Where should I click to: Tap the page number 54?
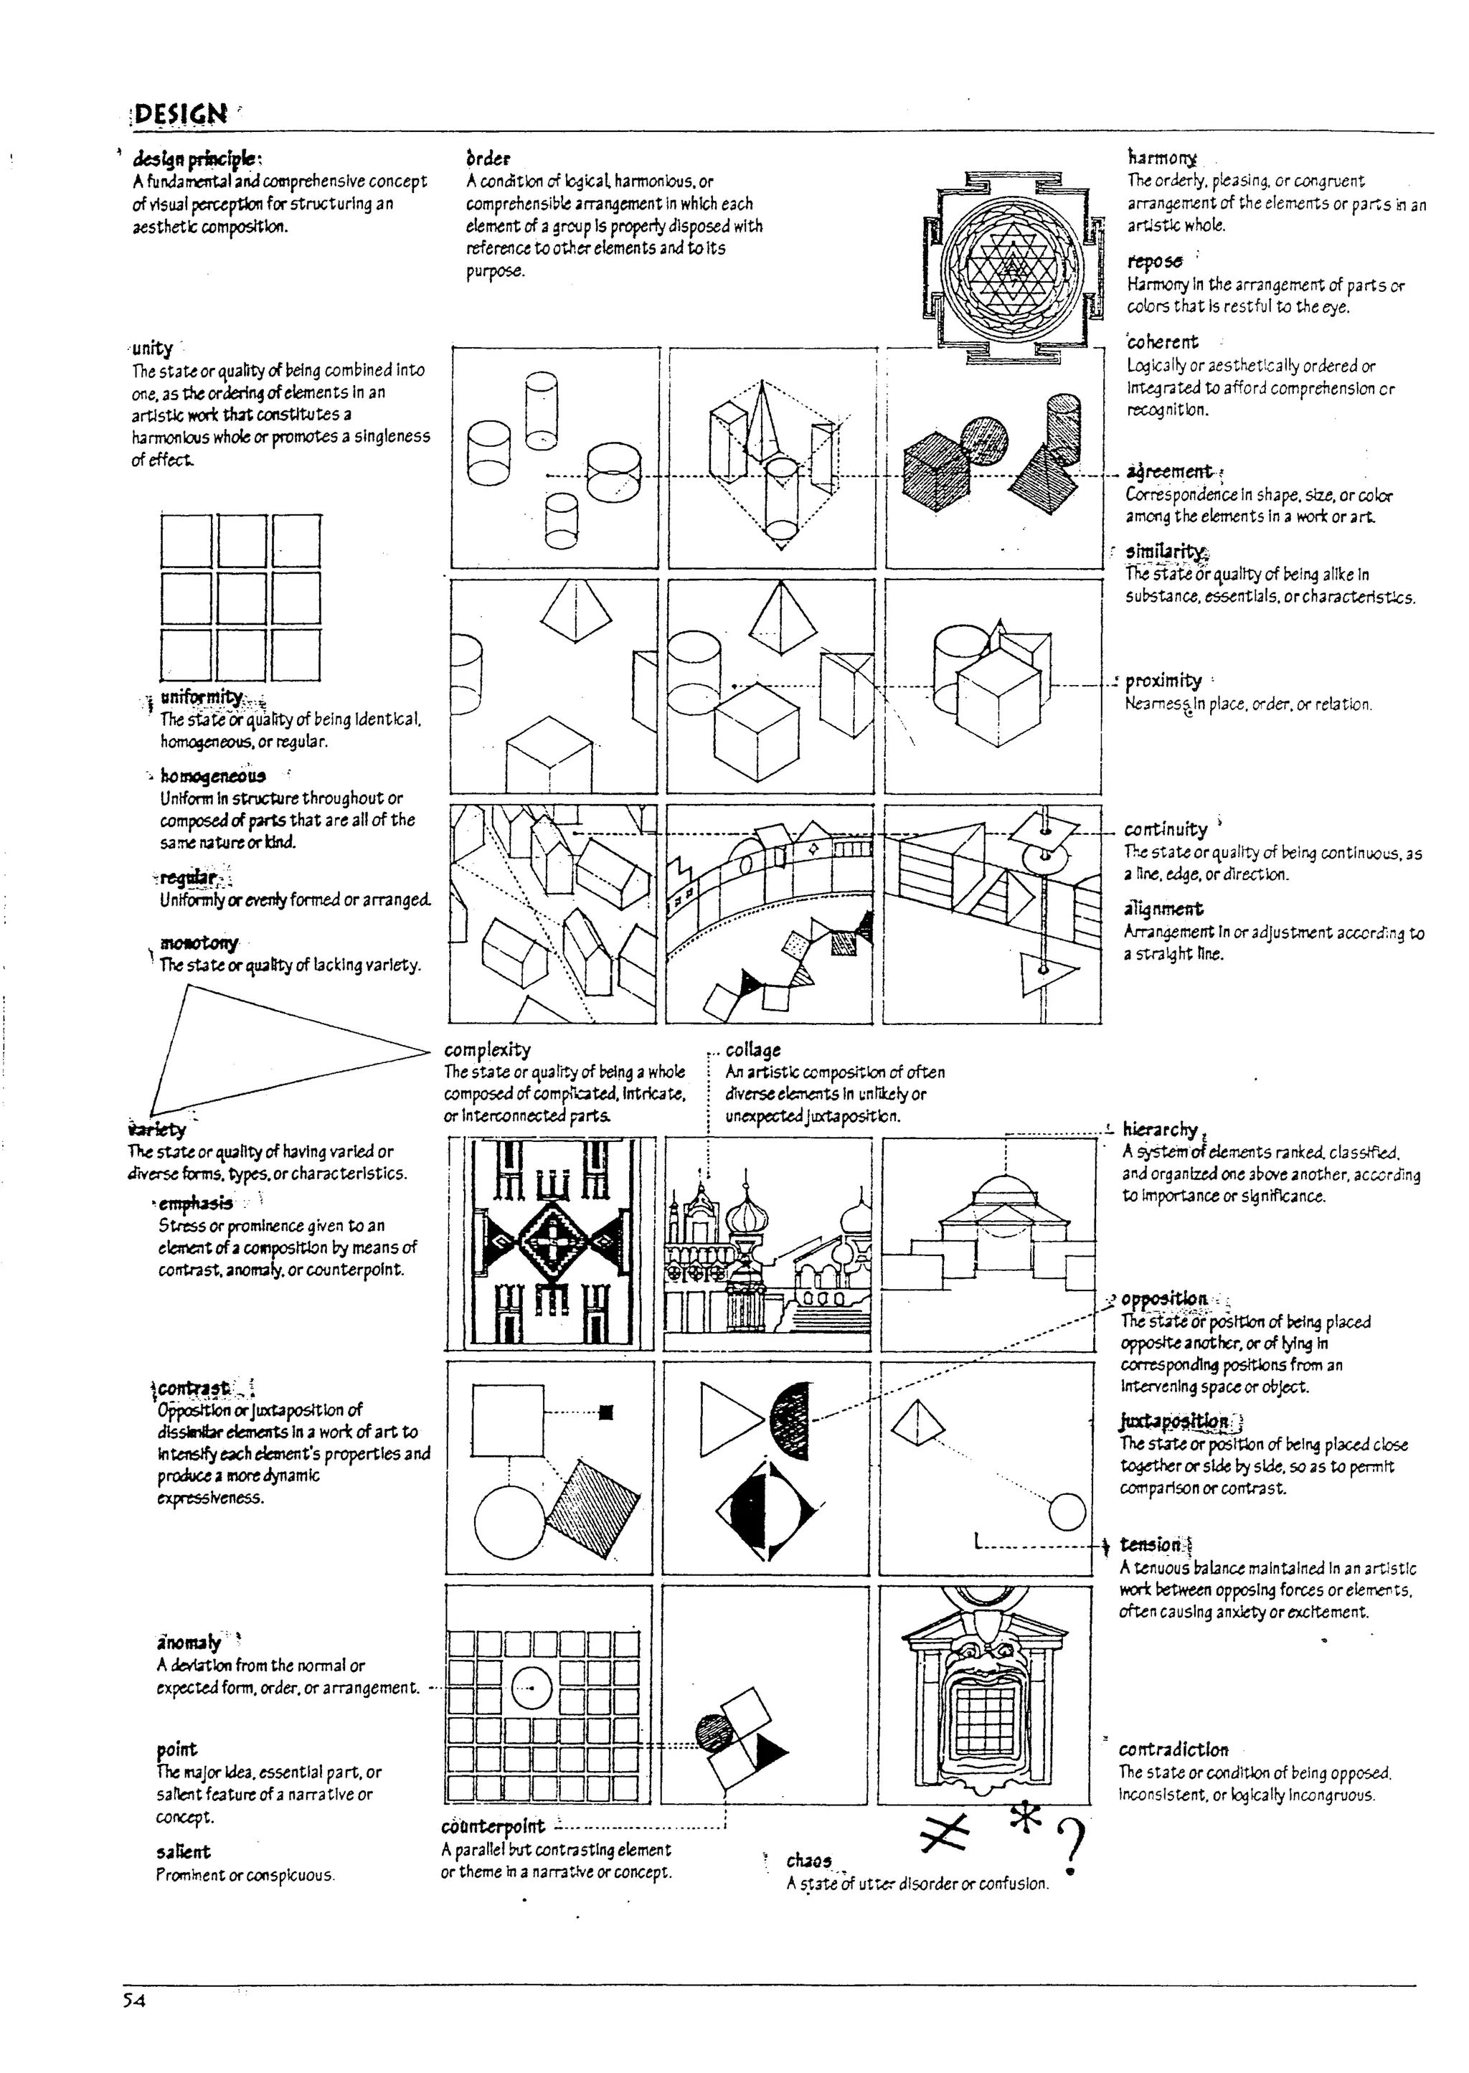pos(134,1999)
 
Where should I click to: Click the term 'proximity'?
pos(1163,680)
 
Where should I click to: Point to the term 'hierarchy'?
pos(1160,1129)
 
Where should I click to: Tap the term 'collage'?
pos(752,1049)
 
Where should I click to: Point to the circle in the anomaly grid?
pos(532,1688)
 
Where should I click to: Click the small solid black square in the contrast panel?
pos(607,1411)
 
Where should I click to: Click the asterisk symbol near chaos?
pos(1026,1816)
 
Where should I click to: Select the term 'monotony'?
pos(199,943)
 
